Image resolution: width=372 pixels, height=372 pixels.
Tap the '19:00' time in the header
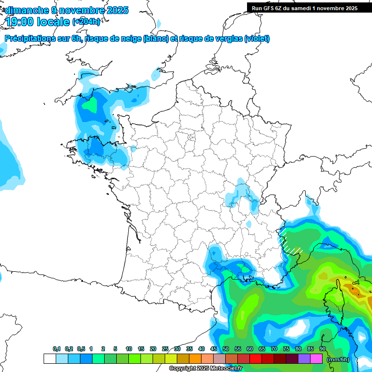click(20, 22)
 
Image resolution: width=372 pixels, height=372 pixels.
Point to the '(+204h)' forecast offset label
click(86, 22)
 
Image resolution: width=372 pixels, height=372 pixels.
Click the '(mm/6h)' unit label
click(338, 359)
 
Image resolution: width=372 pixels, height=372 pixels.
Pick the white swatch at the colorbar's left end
click(49, 359)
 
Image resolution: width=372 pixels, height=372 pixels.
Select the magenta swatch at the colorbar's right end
click(316, 359)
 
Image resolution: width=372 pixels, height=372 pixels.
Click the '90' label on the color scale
click(322, 349)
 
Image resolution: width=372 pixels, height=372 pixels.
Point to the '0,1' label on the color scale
click(57, 349)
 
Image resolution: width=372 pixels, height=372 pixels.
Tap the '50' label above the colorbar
click(225, 349)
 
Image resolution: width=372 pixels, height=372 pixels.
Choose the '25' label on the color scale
click(165, 349)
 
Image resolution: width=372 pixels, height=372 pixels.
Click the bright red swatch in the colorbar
click(256, 359)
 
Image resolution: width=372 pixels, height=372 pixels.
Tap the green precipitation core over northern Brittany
click(90, 105)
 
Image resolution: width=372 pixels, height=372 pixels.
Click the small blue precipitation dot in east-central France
click(249, 224)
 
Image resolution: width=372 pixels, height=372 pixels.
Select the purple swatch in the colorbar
click(304, 359)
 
